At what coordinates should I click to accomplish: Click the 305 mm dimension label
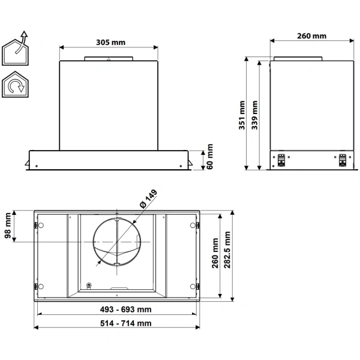pos(110,43)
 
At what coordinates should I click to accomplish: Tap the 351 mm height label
pos(242,115)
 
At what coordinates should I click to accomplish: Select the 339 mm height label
pos(254,115)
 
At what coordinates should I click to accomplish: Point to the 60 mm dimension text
pos(210,157)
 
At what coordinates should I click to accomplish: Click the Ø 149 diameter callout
pos(148,199)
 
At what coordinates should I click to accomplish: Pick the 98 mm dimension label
pos(8,226)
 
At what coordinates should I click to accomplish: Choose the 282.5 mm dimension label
pos(227,250)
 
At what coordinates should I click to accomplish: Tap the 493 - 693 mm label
pos(125,310)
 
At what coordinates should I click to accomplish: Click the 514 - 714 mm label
pos(126,323)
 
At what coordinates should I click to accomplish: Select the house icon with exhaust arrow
pos(15,49)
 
